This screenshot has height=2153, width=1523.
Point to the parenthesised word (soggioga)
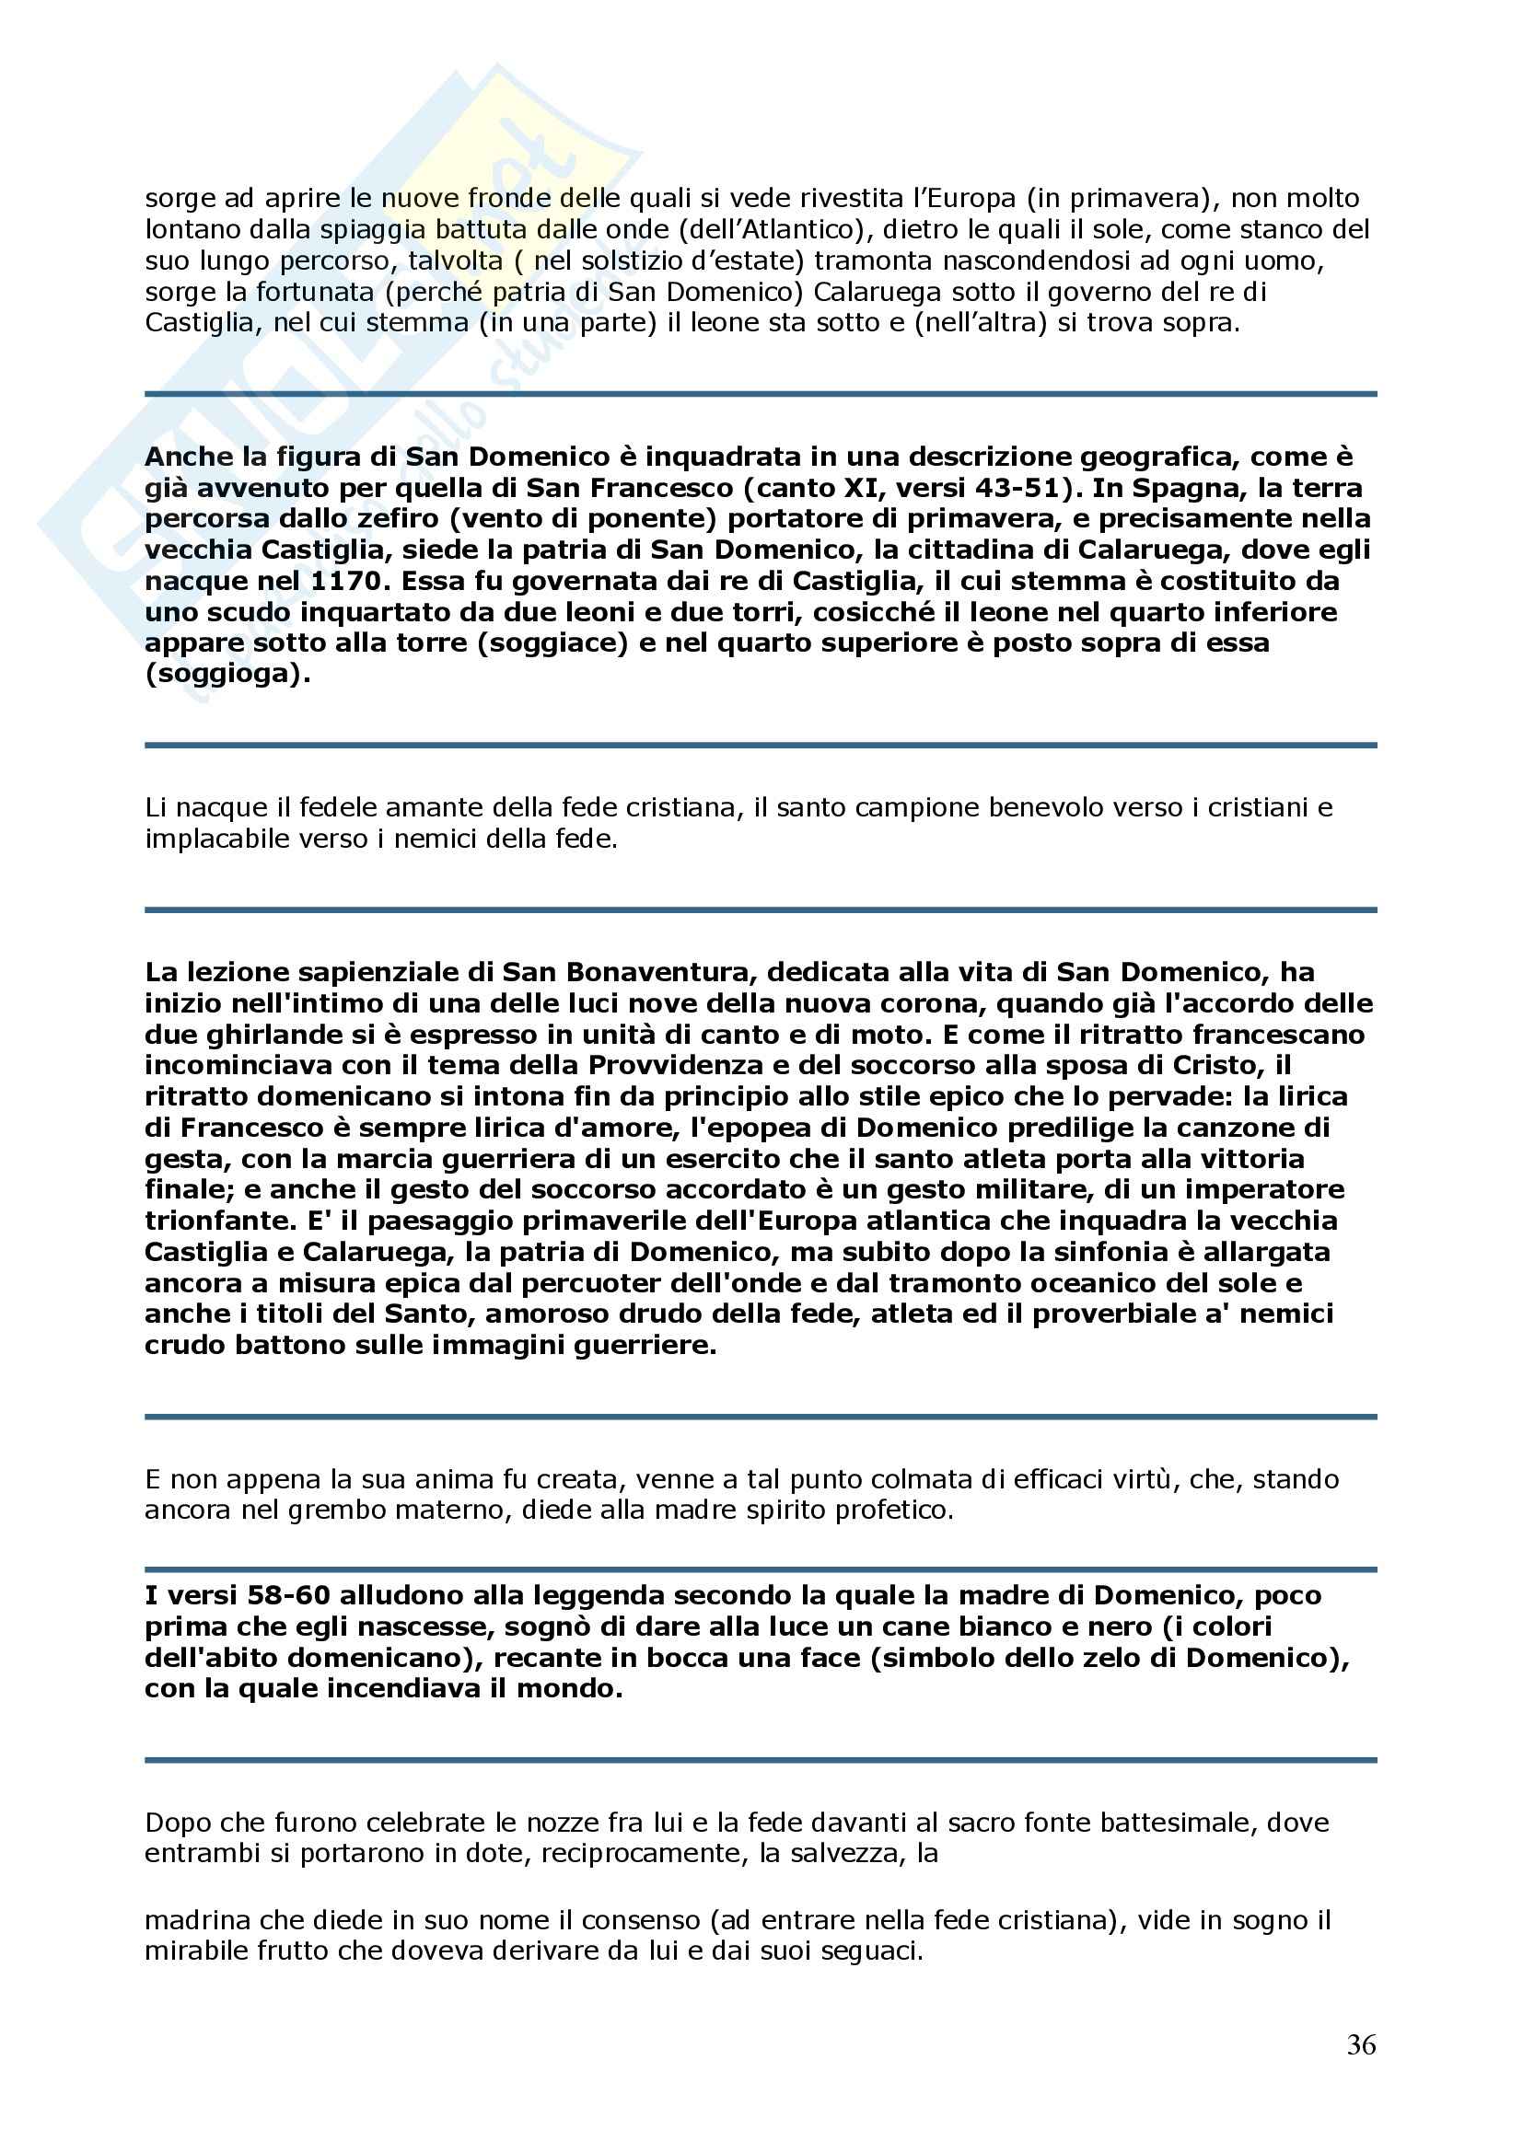(227, 674)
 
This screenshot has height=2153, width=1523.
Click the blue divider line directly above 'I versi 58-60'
(761, 1568)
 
